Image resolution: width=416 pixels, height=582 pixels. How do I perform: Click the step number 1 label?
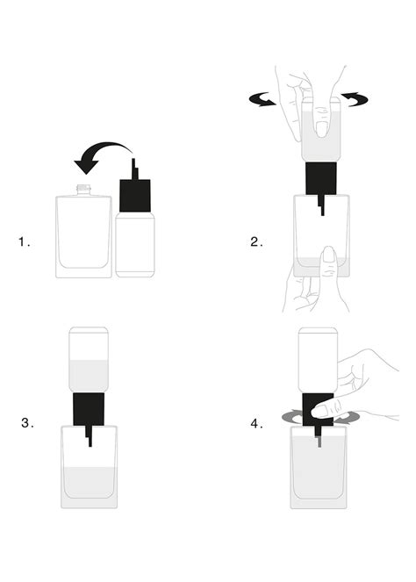tap(24, 242)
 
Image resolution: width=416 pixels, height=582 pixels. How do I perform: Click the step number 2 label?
tap(256, 242)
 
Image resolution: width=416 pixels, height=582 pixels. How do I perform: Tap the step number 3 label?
tap(27, 423)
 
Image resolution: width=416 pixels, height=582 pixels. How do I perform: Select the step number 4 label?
tap(256, 423)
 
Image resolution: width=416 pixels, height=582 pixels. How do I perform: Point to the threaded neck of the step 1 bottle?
tap(84, 190)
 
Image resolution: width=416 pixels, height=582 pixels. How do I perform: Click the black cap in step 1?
tap(135, 196)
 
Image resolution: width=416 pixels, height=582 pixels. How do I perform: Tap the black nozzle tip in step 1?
tap(134, 169)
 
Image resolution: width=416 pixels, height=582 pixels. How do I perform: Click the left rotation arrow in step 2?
tap(262, 99)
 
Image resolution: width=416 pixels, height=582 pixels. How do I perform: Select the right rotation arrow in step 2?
tap(355, 98)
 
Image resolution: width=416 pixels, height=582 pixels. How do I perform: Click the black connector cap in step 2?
tap(321, 178)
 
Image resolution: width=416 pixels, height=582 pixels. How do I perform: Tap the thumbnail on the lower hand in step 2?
tap(328, 255)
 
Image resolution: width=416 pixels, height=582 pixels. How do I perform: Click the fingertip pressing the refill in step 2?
tap(321, 128)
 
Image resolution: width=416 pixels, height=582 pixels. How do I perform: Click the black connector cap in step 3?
tap(89, 409)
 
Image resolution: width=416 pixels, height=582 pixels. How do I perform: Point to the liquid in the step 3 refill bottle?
tap(89, 376)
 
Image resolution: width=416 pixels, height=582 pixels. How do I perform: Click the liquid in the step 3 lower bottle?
tap(89, 482)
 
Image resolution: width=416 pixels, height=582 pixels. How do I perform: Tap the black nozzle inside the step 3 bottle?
tap(89, 436)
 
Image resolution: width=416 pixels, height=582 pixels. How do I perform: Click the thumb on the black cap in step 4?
tap(322, 411)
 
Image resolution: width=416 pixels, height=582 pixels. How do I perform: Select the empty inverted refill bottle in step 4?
tap(318, 361)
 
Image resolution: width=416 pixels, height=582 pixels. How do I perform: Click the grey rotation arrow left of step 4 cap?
tap(292, 417)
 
